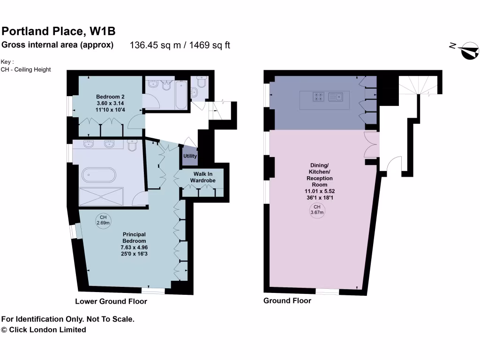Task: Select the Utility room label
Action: coord(190,156)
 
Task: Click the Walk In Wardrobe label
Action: coord(202,177)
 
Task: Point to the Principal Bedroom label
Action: coord(134,237)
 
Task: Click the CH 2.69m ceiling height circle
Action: coord(103,220)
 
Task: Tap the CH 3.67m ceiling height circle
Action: coord(317,210)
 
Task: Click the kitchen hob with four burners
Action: coord(318,97)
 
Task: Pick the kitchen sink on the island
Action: coord(336,97)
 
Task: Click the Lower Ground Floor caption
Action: coord(111,301)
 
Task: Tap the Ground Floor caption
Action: coord(287,300)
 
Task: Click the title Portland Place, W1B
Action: coord(59,31)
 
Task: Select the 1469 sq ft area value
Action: coord(210,45)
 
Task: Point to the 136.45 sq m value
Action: coord(156,45)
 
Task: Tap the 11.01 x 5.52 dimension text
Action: coord(320,191)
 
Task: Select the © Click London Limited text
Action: coord(44,330)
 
